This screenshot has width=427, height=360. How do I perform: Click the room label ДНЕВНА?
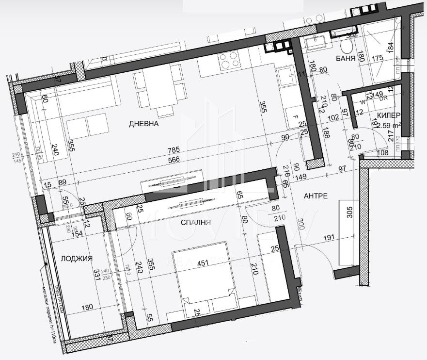(144, 124)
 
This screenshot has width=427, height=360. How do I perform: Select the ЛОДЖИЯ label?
(77, 259)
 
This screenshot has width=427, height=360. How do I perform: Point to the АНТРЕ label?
(316, 196)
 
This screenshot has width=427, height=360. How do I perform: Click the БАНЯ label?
(346, 58)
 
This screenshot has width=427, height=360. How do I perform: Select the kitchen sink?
(285, 77)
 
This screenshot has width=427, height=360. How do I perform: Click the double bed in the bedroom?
(204, 277)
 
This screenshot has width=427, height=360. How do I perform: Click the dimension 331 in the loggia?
(96, 275)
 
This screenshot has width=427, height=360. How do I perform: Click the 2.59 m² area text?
(391, 126)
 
